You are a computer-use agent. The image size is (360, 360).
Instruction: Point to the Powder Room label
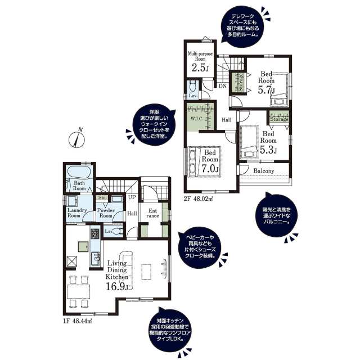(107, 212)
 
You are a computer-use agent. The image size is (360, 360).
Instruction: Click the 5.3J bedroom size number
(268, 150)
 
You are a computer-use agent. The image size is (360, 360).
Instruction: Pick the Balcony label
(263, 171)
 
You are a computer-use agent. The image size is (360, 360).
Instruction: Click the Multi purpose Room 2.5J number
(199, 68)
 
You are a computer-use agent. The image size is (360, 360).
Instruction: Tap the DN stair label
(223, 86)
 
